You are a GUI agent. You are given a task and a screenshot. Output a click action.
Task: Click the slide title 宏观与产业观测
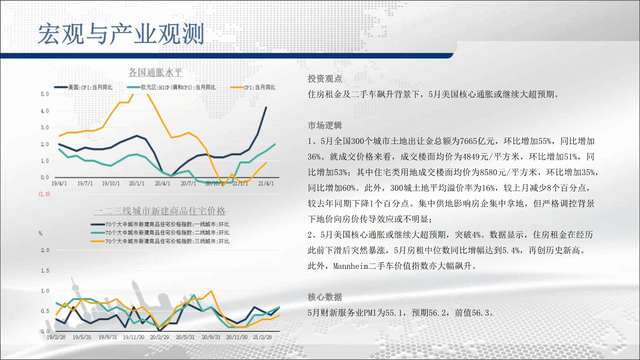pyautogui.click(x=121, y=34)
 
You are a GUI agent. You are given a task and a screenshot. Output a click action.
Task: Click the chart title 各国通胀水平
pyautogui.click(x=156, y=72)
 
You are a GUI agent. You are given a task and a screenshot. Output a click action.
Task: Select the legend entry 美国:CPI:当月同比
pyautogui.click(x=83, y=87)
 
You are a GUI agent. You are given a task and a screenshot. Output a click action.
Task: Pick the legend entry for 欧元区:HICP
pyautogui.click(x=171, y=87)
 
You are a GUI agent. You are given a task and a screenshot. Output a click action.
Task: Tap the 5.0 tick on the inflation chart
pyautogui.click(x=45, y=94)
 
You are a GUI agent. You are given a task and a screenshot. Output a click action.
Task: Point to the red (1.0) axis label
pyautogui.click(x=44, y=194)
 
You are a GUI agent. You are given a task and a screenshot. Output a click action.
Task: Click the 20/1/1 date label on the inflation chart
pyautogui.click(x=136, y=183)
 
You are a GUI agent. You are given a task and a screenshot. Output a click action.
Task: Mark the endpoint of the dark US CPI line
pyautogui.click(x=266, y=107)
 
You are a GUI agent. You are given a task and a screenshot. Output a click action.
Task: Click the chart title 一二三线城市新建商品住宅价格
pyautogui.click(x=159, y=211)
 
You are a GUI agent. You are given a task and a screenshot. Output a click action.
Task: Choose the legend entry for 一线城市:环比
pyautogui.click(x=160, y=224)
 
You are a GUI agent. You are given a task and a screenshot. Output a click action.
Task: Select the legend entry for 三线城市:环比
pyautogui.click(x=160, y=241)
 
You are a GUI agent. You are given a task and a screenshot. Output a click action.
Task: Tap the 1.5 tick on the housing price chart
pyautogui.click(x=45, y=271)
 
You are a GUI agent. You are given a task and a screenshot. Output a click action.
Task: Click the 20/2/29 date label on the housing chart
pyautogui.click(x=159, y=337)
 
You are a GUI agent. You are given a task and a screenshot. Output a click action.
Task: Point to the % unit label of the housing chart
pyautogui.click(x=41, y=233)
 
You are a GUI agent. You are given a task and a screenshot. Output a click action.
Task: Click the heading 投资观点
pyautogui.click(x=325, y=79)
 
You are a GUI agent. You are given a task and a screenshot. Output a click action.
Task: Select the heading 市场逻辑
pyautogui.click(x=325, y=125)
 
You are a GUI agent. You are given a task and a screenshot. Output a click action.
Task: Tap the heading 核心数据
pyautogui.click(x=325, y=297)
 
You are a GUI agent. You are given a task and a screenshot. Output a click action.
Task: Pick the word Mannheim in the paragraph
pyautogui.click(x=350, y=266)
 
